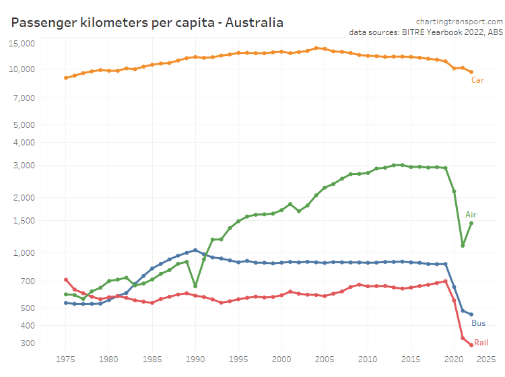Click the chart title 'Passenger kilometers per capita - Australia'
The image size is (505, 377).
147,23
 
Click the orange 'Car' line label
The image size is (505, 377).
477,80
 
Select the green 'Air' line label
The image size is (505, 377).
471,215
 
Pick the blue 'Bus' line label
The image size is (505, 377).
477,323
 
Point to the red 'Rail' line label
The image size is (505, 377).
481,343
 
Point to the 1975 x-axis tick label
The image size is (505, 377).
65,359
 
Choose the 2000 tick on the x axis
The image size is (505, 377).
281,359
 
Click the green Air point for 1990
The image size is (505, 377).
195,286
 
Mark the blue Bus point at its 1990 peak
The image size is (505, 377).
195,250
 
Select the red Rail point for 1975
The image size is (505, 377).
66,279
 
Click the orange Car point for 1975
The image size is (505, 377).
66,77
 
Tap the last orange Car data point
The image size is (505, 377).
471,72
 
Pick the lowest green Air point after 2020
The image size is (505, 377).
463,245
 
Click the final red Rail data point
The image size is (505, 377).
471,345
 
